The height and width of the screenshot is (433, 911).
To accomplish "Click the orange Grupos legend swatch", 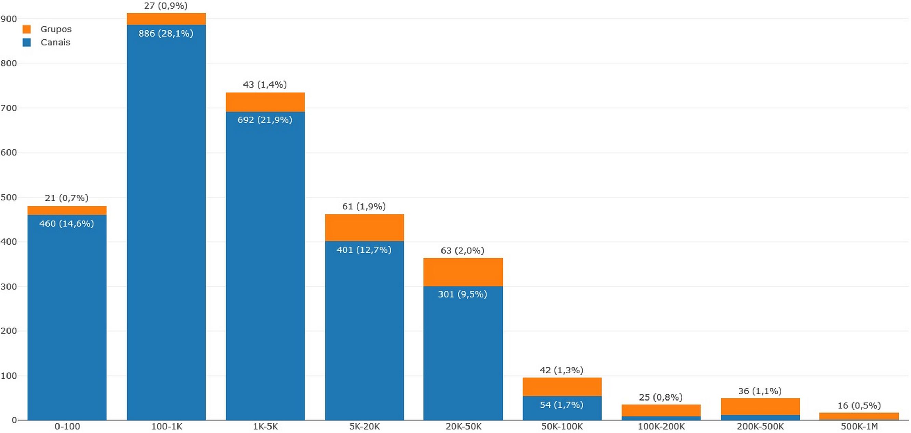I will click(27, 29).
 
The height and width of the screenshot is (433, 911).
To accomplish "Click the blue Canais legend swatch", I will click(27, 42).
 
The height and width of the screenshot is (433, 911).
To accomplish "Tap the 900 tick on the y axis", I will click(9, 19).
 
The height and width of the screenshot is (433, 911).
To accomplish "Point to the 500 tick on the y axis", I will click(9, 197).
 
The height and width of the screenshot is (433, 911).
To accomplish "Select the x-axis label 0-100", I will click(67, 427).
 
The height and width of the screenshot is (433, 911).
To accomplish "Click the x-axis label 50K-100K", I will click(562, 427).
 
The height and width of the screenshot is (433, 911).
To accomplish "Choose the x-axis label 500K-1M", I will click(859, 427).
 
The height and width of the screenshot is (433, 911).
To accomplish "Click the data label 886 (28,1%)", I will click(166, 34).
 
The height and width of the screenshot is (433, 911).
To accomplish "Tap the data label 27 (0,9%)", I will click(166, 6).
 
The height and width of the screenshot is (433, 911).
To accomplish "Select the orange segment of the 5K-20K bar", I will click(364, 228).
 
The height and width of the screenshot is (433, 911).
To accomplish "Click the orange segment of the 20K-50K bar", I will click(463, 272).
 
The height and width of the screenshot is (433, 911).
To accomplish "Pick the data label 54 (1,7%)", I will click(562, 405).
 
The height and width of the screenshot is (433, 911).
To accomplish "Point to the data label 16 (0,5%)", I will click(859, 405).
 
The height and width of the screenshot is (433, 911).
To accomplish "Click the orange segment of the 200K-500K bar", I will click(760, 406).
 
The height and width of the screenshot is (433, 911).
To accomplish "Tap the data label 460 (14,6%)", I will click(67, 224).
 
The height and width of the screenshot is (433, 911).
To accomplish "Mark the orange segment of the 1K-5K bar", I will click(265, 102).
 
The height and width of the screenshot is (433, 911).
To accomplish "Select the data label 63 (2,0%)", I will click(463, 251).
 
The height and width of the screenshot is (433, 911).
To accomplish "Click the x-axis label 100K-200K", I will click(661, 427).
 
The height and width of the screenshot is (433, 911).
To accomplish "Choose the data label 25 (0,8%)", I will click(661, 397).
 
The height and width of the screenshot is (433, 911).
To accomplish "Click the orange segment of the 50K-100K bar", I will click(562, 387).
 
